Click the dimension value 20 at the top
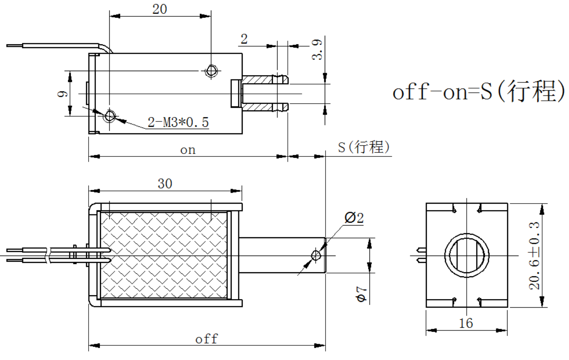pyautogui.click(x=160, y=9)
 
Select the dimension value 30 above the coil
pyautogui.click(x=165, y=184)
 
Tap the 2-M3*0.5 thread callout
pyautogui.click(x=178, y=121)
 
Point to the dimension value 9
pyautogui.click(x=62, y=94)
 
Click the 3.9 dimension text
pyautogui.click(x=317, y=49)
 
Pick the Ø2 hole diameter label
pyautogui.click(x=354, y=218)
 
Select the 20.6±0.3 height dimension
pyautogui.click(x=535, y=256)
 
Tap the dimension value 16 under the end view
pyautogui.click(x=466, y=323)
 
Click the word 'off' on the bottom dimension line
pyautogui.click(x=206, y=338)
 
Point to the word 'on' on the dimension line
pyautogui.click(x=188, y=150)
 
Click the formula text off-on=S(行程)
pyautogui.click(x=479, y=91)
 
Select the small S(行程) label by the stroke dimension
pyautogui.click(x=364, y=147)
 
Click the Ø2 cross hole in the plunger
pyautogui.click(x=316, y=255)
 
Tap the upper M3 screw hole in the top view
pyautogui.click(x=211, y=71)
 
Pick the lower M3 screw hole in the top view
pyautogui.click(x=110, y=116)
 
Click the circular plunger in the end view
pyautogui.click(x=467, y=256)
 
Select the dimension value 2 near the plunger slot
pyautogui.click(x=244, y=39)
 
